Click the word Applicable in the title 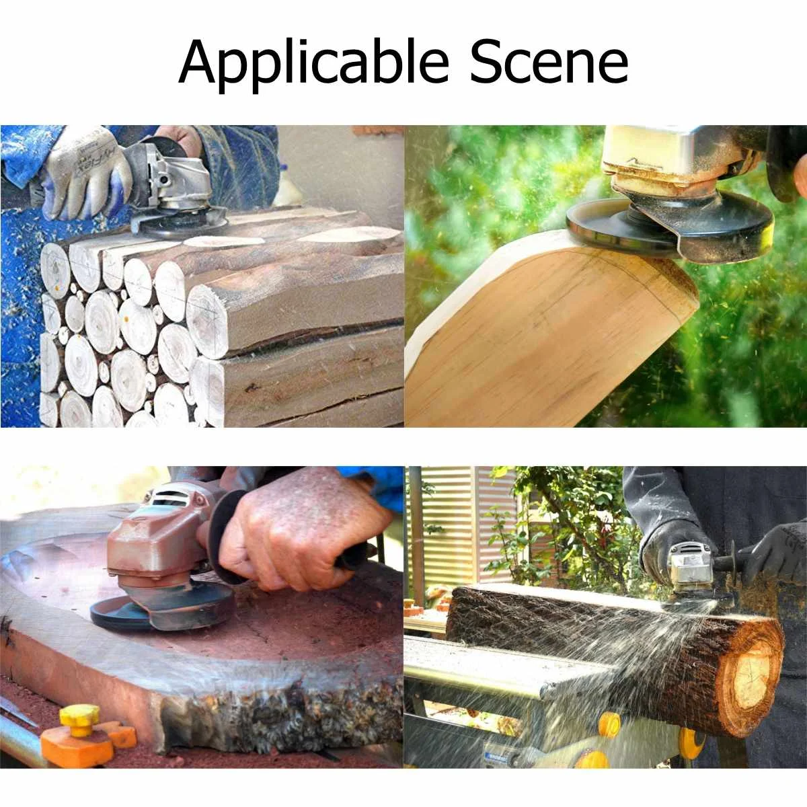coord(313,63)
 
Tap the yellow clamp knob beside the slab coord(79,720)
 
